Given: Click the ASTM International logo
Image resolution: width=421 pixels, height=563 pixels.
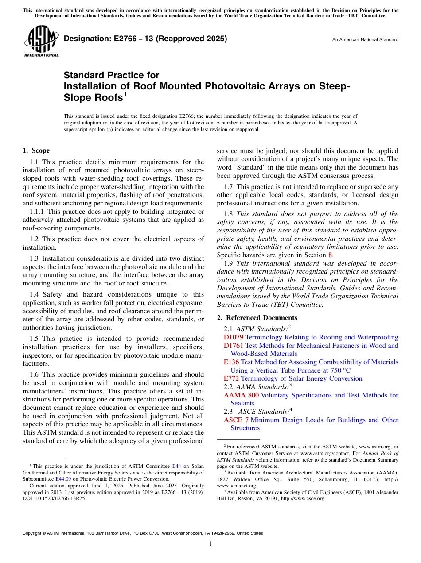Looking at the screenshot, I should tap(41, 42).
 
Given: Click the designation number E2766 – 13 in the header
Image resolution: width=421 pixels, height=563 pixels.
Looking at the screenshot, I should tap(145, 39).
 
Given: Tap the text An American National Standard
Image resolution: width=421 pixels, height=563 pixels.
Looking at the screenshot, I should tap(365, 40).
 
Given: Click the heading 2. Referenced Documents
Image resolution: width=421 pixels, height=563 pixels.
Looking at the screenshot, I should tap(257, 318).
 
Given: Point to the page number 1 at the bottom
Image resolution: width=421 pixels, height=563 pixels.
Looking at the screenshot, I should tap(210, 544).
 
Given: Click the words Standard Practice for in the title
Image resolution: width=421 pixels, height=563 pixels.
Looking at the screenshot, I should tap(111, 75).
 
